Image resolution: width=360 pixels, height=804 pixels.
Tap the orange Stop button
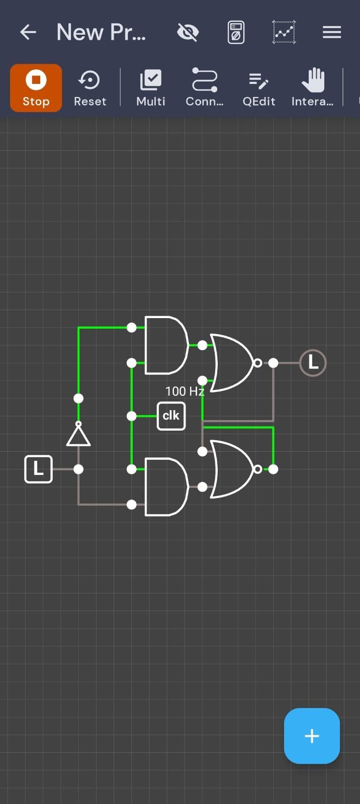(36, 88)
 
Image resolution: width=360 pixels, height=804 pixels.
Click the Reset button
(90, 88)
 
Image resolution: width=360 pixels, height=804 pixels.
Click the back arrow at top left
(28, 32)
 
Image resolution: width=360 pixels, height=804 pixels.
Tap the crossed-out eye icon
(188, 32)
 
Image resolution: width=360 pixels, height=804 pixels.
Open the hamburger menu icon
(332, 32)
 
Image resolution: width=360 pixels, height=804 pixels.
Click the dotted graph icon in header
(284, 32)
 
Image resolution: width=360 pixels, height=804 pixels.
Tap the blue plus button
(312, 736)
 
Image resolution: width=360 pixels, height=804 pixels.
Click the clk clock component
(171, 416)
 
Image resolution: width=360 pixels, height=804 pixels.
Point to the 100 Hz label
(185, 391)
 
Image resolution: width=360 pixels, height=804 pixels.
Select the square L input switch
(38, 469)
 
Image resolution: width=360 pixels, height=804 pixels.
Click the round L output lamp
(313, 363)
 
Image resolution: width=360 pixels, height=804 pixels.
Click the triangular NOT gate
(78, 434)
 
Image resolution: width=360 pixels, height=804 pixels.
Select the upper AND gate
(166, 345)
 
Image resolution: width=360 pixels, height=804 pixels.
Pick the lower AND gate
(166, 487)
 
